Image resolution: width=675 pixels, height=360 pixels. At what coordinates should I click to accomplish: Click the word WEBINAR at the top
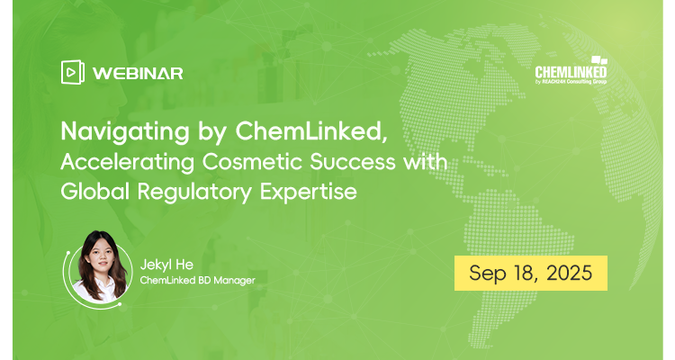[139, 73]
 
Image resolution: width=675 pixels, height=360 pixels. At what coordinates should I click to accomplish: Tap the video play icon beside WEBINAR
[73, 73]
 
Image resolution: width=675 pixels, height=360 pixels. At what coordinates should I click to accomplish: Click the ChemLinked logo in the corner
[570, 71]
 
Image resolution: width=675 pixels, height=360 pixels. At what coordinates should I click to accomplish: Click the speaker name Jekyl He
[168, 264]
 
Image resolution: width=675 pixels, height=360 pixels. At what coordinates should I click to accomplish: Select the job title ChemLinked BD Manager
[198, 282]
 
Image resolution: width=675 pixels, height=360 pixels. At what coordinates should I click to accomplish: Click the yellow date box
[529, 274]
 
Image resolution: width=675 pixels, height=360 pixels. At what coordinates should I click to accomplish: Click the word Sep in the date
[484, 274]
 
